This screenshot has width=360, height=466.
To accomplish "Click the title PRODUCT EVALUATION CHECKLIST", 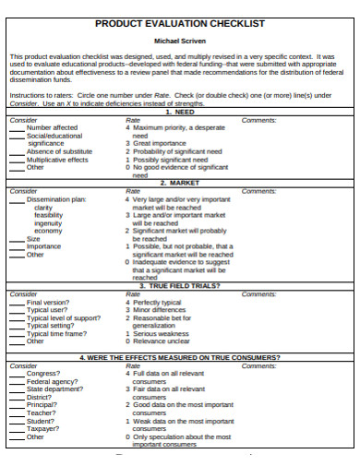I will coord(180,23).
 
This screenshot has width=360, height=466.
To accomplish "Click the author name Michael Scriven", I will coord(180,42).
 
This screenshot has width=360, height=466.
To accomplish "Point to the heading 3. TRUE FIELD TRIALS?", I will coord(180,286).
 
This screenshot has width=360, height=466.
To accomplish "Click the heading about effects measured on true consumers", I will coord(180,357).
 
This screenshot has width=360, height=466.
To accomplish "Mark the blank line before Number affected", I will coord(17,127).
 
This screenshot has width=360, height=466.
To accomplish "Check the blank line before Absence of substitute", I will coord(17,151).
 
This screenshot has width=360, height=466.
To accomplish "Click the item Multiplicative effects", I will coord(58,160).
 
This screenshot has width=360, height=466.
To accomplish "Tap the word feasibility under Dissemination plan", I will coord(49,215).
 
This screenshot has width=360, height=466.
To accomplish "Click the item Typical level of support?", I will coord(64,317).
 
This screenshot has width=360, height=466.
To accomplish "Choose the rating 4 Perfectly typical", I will coord(158,302).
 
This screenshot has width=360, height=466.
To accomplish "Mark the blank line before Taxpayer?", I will coord(17,429).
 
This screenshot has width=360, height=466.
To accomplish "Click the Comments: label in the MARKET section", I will coord(258,191).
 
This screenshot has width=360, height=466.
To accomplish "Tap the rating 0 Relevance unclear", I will coord(160,341).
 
